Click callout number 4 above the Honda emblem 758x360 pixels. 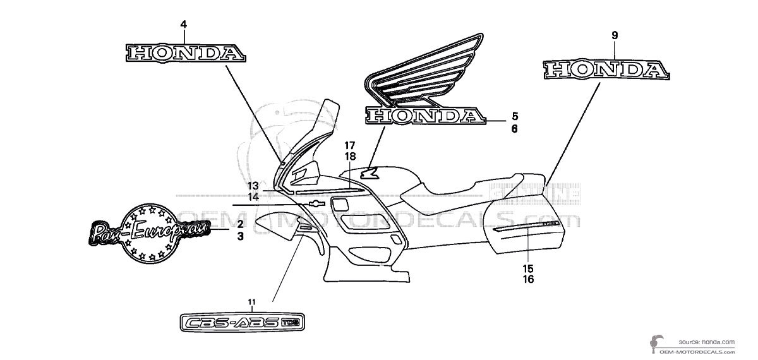(x=183, y=25)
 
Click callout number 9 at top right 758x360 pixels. (x=615, y=36)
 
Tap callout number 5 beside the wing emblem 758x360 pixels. (x=515, y=116)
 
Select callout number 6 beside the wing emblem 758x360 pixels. (x=515, y=129)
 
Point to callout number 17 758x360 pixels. (x=351, y=145)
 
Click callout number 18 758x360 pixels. (x=351, y=156)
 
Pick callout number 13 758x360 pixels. (x=253, y=186)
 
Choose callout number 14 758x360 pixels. (x=253, y=196)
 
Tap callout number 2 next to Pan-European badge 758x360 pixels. (x=241, y=224)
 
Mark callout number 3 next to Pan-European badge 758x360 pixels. (x=241, y=236)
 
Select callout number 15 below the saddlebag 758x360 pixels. (x=528, y=268)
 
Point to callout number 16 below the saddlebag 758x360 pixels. (x=528, y=279)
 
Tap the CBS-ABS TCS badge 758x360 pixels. (x=240, y=322)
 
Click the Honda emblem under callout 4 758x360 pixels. (x=184, y=53)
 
